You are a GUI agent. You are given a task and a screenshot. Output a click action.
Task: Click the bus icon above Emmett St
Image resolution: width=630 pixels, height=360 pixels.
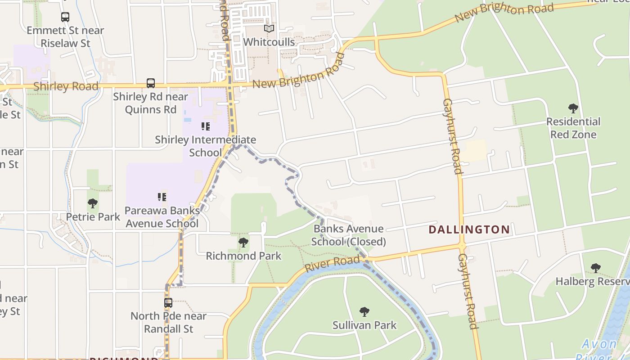[65, 17]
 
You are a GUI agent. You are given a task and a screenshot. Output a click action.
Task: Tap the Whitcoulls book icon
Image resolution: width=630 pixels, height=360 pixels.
[269, 29]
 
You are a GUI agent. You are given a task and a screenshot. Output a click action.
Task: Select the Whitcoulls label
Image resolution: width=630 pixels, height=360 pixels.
[269, 42]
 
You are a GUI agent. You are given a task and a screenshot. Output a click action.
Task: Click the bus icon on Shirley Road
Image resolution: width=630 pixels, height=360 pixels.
[151, 83]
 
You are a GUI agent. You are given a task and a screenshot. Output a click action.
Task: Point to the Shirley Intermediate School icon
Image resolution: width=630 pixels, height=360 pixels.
[206, 126]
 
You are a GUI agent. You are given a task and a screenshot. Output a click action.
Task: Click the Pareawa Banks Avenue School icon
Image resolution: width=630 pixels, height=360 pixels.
[162, 197]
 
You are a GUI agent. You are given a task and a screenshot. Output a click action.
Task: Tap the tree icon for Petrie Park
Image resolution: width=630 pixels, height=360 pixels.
[93, 203]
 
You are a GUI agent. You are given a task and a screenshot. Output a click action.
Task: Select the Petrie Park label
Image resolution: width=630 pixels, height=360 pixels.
[93, 217]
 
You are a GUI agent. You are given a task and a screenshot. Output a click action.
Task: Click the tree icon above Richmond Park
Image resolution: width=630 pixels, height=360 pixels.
[243, 243]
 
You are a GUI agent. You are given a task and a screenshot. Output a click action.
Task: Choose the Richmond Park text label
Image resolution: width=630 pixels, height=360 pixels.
[243, 256]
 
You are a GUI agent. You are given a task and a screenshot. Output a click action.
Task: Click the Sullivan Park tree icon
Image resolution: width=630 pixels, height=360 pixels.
[364, 311]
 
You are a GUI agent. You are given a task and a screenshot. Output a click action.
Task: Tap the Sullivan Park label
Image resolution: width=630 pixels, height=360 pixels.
[364, 325]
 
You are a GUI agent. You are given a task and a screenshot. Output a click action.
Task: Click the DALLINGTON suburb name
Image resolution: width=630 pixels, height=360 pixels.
[469, 229]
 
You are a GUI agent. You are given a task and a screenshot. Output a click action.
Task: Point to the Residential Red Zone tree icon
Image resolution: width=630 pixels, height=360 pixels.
[573, 108]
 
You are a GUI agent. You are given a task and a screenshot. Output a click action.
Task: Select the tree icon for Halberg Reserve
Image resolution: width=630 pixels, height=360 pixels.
[596, 268]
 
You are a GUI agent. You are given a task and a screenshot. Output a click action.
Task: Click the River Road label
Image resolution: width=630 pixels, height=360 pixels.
[332, 263]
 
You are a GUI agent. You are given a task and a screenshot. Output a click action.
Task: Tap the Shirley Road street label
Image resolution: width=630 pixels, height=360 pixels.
[66, 86]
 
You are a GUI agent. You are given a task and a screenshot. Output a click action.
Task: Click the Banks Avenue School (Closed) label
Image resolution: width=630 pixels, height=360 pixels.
[349, 235]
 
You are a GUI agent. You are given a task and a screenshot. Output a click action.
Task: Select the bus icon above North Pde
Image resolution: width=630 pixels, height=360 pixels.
[168, 302]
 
